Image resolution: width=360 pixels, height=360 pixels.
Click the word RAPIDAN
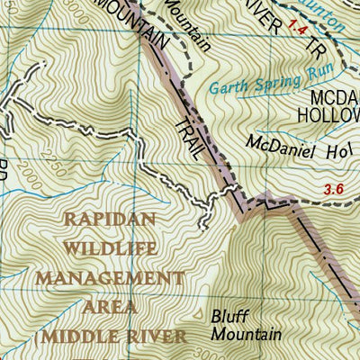(110, 218)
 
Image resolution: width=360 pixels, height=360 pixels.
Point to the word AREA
(110, 307)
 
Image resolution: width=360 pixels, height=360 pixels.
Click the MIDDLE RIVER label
(110, 337)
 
